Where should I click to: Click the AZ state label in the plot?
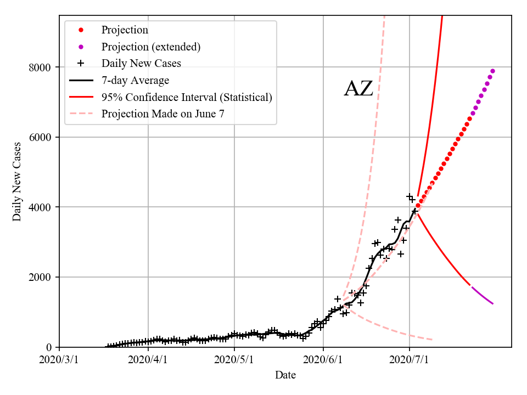click(x=358, y=89)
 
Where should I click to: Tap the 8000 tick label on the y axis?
click(x=40, y=67)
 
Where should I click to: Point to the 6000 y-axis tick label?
click(x=40, y=137)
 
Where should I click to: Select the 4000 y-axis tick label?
click(x=40, y=207)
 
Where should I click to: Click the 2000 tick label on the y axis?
click(x=40, y=277)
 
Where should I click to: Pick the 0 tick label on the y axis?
click(x=48, y=347)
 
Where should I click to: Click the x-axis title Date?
click(x=285, y=375)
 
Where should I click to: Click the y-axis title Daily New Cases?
click(x=17, y=182)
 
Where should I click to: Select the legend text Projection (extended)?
click(x=150, y=47)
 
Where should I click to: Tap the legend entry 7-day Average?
click(x=135, y=81)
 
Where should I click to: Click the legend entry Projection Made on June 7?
click(x=162, y=114)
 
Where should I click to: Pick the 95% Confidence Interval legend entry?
click(x=187, y=97)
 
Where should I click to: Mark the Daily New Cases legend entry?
click(x=141, y=64)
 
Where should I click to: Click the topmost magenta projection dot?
click(x=492, y=71)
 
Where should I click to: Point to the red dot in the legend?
click(x=81, y=30)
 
